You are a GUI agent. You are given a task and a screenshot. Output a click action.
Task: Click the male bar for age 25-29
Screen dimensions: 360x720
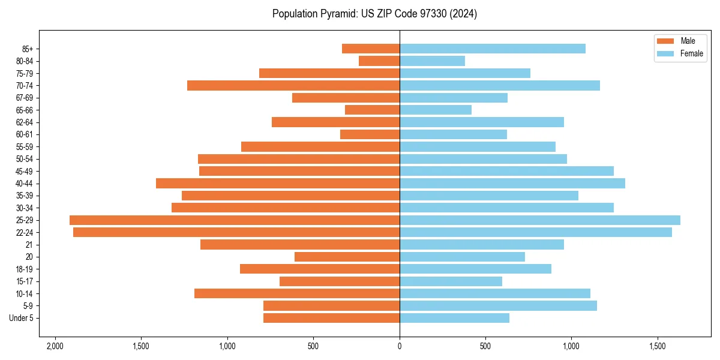234,220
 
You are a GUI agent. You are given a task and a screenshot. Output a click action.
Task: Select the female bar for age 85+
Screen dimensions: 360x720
492,49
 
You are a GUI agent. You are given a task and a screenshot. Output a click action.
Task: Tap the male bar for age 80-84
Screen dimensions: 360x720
379,61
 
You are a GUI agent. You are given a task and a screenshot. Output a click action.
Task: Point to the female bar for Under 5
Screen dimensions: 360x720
454,318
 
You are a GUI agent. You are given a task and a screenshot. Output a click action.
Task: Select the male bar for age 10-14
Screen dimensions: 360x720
296,293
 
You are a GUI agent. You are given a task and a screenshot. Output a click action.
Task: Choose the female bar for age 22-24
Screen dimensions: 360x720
535,232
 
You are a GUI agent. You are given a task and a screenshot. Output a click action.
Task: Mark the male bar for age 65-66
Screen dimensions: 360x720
372,110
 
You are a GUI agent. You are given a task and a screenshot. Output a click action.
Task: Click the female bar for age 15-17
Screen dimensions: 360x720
451,281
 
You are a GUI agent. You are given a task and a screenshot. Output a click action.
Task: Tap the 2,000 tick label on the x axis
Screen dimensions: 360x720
55,347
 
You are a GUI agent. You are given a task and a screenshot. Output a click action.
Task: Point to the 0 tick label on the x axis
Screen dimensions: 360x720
400,347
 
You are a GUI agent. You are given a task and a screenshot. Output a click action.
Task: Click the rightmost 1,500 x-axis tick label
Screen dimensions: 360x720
658,347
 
